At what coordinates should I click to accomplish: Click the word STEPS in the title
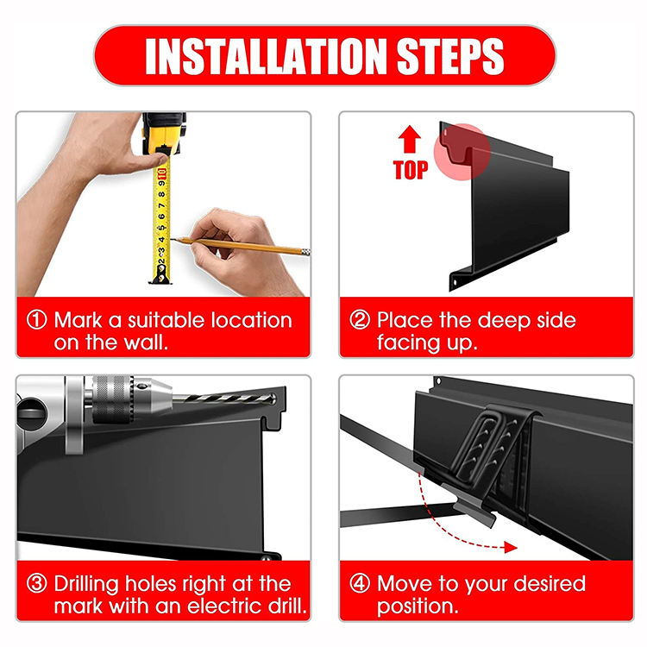point(450,56)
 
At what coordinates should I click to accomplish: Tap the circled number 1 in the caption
point(36,320)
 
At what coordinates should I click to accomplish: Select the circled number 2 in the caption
point(360,320)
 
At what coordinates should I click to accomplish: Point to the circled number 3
point(36,583)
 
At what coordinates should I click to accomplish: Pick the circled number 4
point(360,583)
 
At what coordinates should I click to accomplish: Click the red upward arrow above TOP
point(409,139)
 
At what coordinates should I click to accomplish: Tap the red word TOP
point(411,170)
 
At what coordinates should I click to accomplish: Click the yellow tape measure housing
point(164,134)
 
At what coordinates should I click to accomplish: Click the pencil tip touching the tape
point(172,239)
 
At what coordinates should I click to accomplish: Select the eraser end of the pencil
point(305,252)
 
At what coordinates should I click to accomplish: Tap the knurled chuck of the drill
point(112,399)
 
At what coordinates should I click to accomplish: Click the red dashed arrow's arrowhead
point(511,548)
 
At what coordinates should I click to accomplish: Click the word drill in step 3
point(286,606)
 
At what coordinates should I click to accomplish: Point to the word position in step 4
point(418,606)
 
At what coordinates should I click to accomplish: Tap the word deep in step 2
point(504,321)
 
